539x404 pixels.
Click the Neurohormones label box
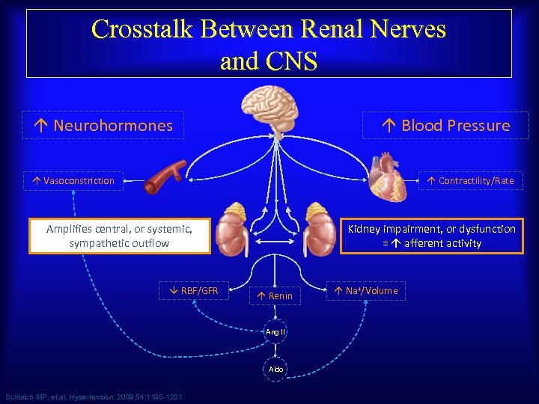point(105,126)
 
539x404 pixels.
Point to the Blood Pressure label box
point(445,126)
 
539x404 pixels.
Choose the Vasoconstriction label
point(73,180)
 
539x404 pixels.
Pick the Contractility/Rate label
point(470,180)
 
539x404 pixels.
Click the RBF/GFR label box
point(193,290)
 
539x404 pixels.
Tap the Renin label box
point(275,296)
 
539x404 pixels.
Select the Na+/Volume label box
point(366,290)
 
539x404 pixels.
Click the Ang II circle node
point(275,331)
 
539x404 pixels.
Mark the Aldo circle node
point(275,370)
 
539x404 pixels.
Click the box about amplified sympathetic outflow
point(119,236)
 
